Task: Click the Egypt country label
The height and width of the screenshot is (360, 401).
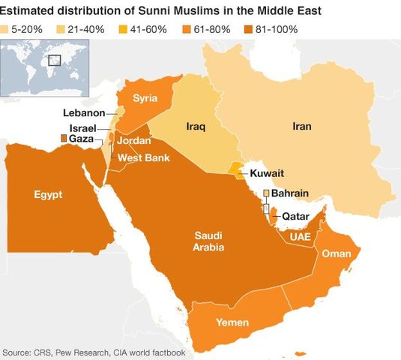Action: tap(48, 195)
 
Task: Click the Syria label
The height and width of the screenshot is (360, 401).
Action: tap(145, 97)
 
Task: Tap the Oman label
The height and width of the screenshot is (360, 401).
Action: tap(336, 254)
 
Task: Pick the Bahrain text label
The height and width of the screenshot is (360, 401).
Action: tap(289, 193)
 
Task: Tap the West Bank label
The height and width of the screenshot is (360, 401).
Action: tap(143, 157)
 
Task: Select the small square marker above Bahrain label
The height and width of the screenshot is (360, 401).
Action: tap(265, 193)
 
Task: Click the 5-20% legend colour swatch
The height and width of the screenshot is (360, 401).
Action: tap(8, 29)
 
